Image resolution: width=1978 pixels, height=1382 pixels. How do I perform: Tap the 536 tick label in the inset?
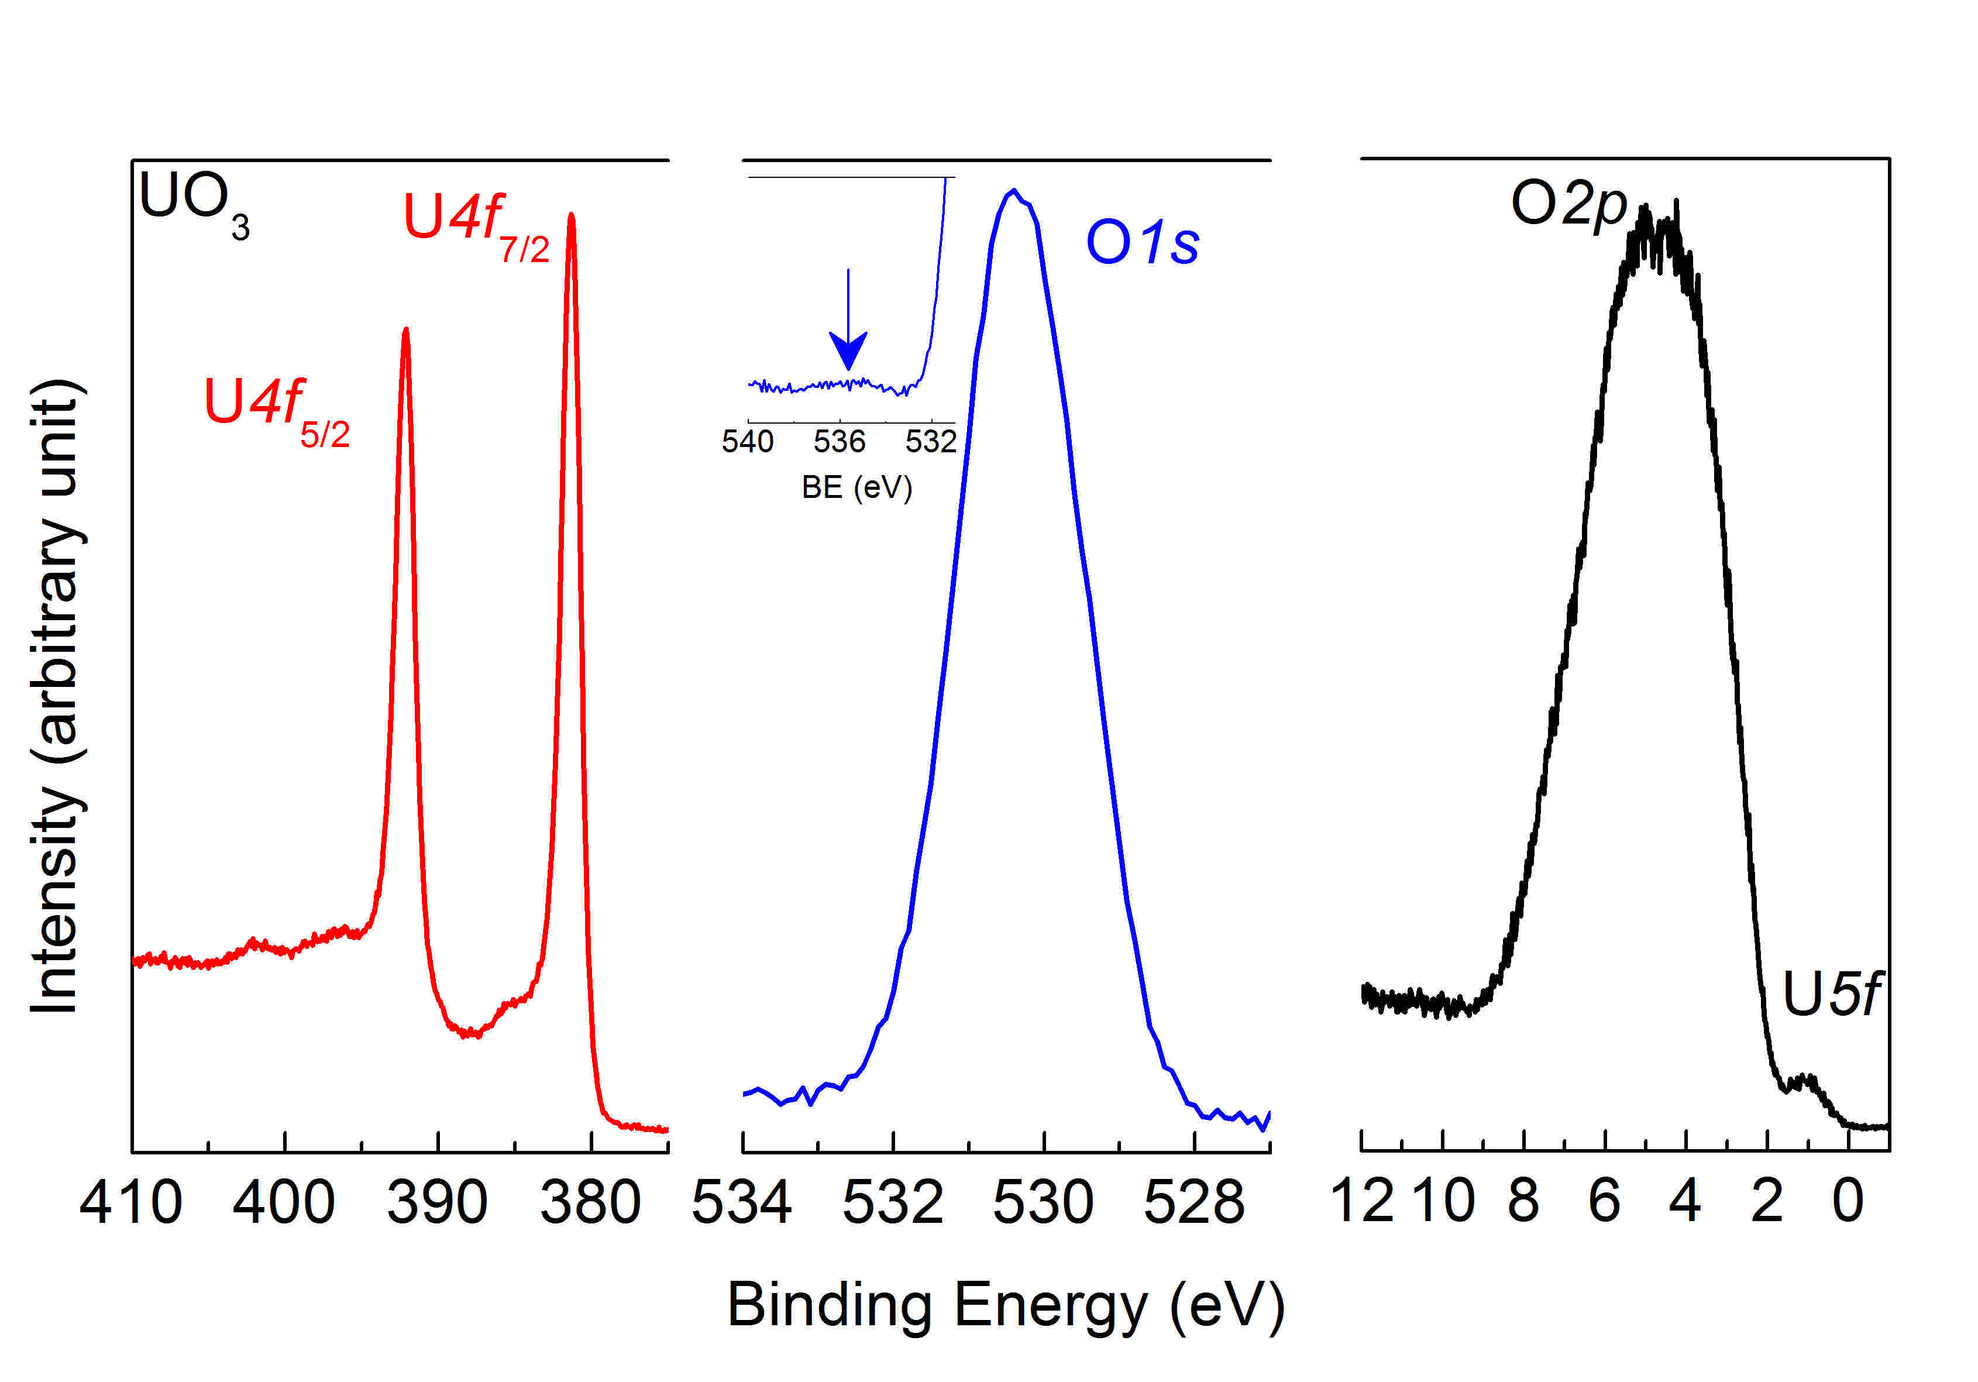coord(839,442)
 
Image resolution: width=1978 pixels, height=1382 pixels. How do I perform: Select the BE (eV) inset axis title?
coord(856,487)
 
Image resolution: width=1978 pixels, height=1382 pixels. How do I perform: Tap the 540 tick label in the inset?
coord(747,442)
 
